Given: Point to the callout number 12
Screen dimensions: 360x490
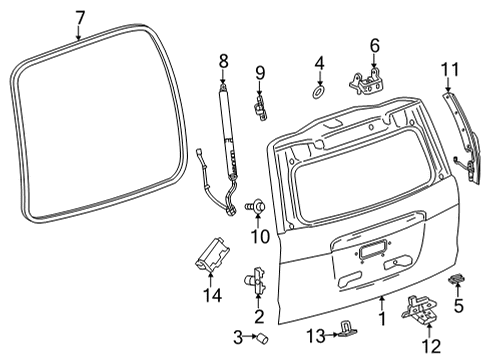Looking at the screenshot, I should point(430,346).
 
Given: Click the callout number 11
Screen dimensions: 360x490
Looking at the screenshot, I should point(450,70).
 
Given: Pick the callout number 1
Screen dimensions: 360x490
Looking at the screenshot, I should point(380,319).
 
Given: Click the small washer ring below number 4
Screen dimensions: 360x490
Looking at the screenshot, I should point(319,93).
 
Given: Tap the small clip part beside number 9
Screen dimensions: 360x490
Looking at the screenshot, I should point(261,103).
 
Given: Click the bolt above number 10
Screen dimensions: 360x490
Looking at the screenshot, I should point(254,207).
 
